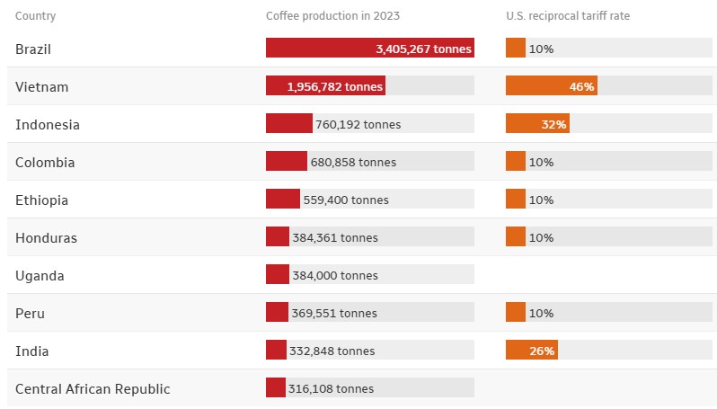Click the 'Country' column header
pos(35,16)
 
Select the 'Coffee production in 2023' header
pos(332,16)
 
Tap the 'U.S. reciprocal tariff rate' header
pos(568,16)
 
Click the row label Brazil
pos(33,49)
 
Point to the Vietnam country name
pos(41,87)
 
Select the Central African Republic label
pos(93,389)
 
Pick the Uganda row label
pos(40,276)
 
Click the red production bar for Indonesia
pos(289,123)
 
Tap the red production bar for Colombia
pos(287,161)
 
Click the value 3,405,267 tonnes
pos(423,49)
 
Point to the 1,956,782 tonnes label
pos(335,87)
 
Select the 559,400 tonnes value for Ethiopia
pos(346,200)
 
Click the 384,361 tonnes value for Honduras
pos(335,238)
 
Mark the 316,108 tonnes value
pos(331,389)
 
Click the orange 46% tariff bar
pos(552,85)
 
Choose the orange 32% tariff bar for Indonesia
pos(537,123)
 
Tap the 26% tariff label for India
pos(542,351)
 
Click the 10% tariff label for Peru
pos(541,314)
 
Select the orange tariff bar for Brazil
pos(516,48)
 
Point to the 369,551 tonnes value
pos(334,314)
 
